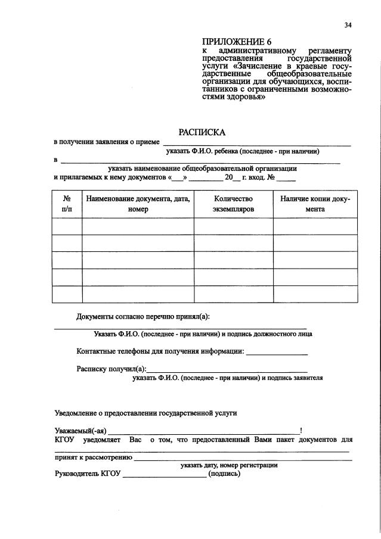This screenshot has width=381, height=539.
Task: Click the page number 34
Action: click(x=348, y=24)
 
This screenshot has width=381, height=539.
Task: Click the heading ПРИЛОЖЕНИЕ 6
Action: click(x=236, y=42)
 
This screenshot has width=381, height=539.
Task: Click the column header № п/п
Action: click(x=67, y=204)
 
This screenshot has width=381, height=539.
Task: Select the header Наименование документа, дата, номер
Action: click(x=137, y=204)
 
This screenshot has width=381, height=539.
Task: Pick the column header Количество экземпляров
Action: click(x=233, y=204)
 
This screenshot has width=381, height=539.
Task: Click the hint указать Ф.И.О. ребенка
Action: click(x=243, y=151)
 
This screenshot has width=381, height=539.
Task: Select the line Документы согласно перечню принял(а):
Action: click(x=143, y=316)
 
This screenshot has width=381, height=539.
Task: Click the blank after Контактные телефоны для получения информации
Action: click(x=277, y=354)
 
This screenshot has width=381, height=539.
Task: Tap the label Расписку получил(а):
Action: click(x=111, y=369)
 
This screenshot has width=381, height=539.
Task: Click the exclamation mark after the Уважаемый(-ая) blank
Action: click(x=301, y=431)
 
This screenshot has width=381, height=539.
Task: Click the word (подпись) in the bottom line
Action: click(x=224, y=474)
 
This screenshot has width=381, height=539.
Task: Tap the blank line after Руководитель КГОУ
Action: click(x=165, y=476)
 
